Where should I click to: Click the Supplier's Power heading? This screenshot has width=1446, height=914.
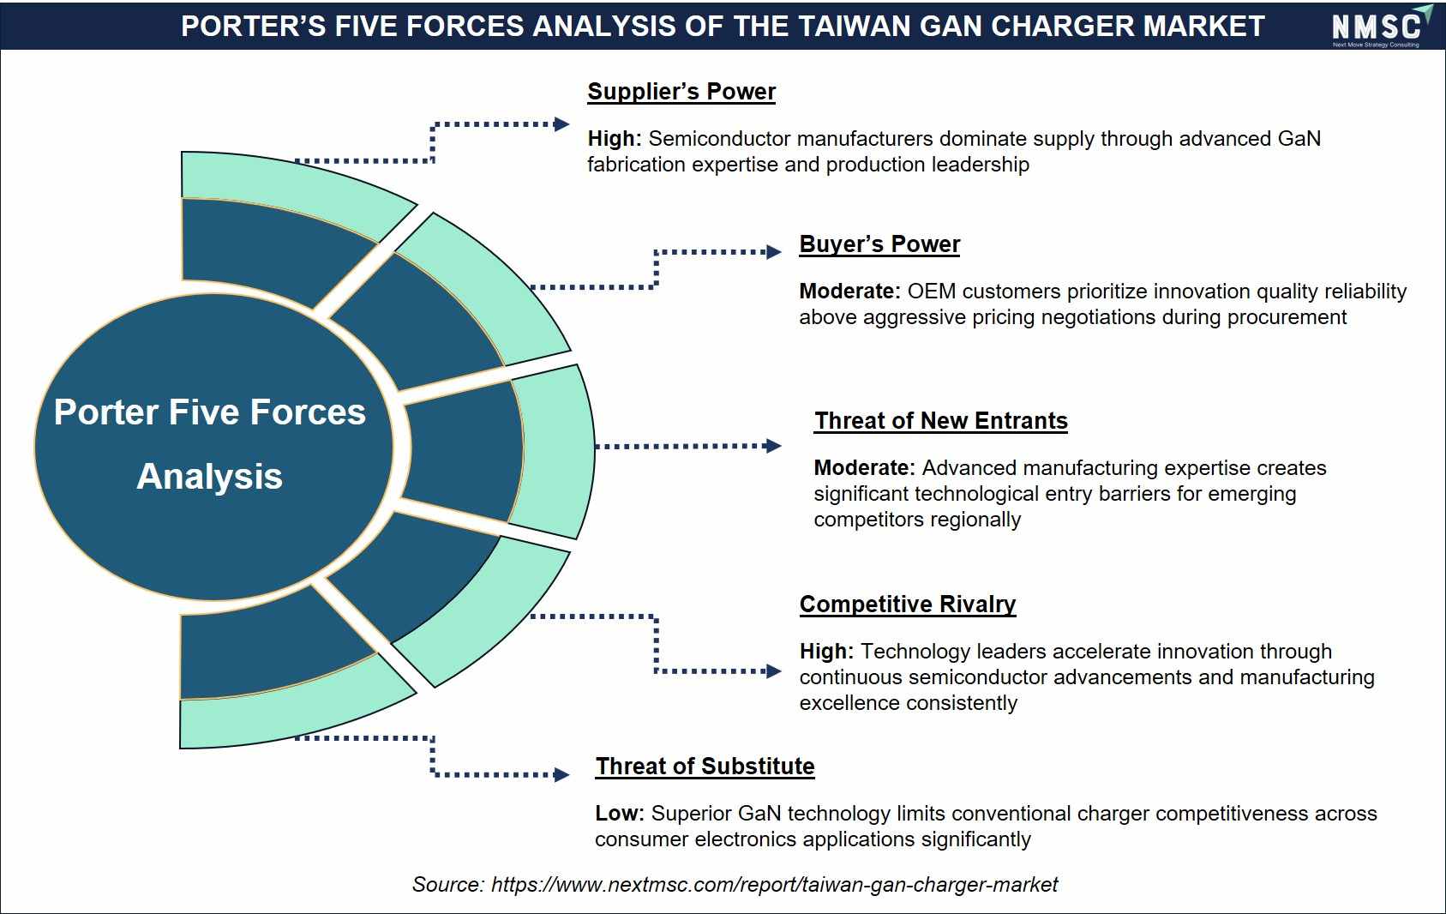coord(681,92)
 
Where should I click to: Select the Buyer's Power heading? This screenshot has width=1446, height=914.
coord(879,244)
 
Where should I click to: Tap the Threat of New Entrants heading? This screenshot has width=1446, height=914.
coord(940,420)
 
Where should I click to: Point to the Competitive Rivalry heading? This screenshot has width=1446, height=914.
coord(908,604)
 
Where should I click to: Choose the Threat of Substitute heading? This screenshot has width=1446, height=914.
coord(705,766)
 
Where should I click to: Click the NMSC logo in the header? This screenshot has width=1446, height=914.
coord(1379,25)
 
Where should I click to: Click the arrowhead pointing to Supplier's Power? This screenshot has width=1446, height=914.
coord(561,124)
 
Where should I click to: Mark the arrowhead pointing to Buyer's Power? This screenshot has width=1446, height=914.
coord(773,252)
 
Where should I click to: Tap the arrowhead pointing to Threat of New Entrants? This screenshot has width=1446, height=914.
coord(773,446)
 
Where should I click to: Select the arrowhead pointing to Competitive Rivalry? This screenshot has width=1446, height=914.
coord(773,671)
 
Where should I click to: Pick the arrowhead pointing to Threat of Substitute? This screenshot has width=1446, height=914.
coord(561,774)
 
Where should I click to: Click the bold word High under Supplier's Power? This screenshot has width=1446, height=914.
coord(614,139)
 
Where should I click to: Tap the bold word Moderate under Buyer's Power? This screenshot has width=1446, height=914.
coord(849,292)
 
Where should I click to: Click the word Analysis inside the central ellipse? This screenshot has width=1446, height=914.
coord(210,477)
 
